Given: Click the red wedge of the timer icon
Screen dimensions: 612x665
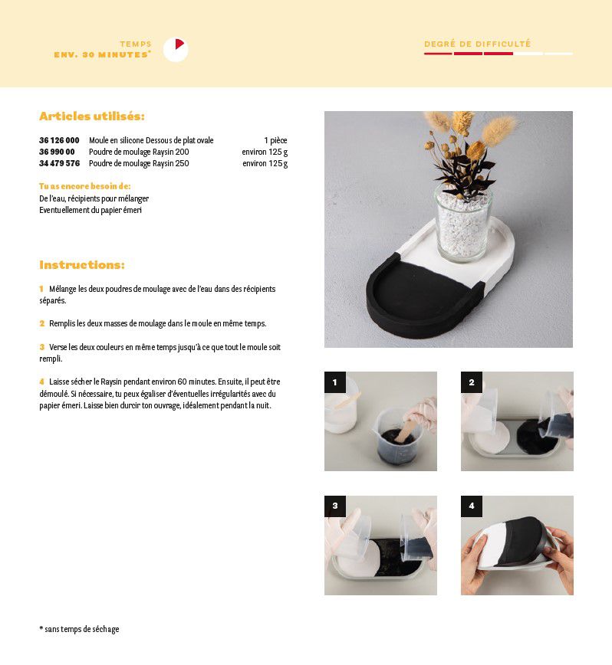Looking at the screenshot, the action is tap(179, 44).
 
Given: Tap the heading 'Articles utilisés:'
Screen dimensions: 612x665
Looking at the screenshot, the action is tap(92, 116).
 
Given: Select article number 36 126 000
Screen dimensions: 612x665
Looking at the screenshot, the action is tap(59, 140).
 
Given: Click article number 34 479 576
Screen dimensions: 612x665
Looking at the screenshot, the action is tap(59, 163).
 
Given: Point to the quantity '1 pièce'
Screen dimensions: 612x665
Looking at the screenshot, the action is tap(275, 140).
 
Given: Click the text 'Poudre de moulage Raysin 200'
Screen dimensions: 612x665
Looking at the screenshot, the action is tap(139, 152).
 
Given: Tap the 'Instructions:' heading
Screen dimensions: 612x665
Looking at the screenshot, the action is tap(82, 264).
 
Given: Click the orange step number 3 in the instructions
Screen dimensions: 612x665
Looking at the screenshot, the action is tap(42, 347).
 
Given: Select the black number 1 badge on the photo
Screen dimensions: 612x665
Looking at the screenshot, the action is tap(335, 382).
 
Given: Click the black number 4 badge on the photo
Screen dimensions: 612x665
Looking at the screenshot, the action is tap(472, 506).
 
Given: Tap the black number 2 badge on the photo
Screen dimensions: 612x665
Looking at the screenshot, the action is tap(472, 382).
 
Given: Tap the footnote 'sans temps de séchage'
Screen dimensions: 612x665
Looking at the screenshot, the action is tap(81, 629).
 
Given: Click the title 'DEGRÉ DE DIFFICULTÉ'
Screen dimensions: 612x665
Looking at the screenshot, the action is tap(478, 44).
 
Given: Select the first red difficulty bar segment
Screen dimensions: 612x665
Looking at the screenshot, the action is tap(438, 54).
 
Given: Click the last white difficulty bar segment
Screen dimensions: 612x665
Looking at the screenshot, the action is tap(558, 54).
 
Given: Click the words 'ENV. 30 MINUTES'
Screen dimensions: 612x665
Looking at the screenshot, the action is tap(101, 54).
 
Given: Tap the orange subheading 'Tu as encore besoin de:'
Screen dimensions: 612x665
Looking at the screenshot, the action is tap(85, 186).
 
